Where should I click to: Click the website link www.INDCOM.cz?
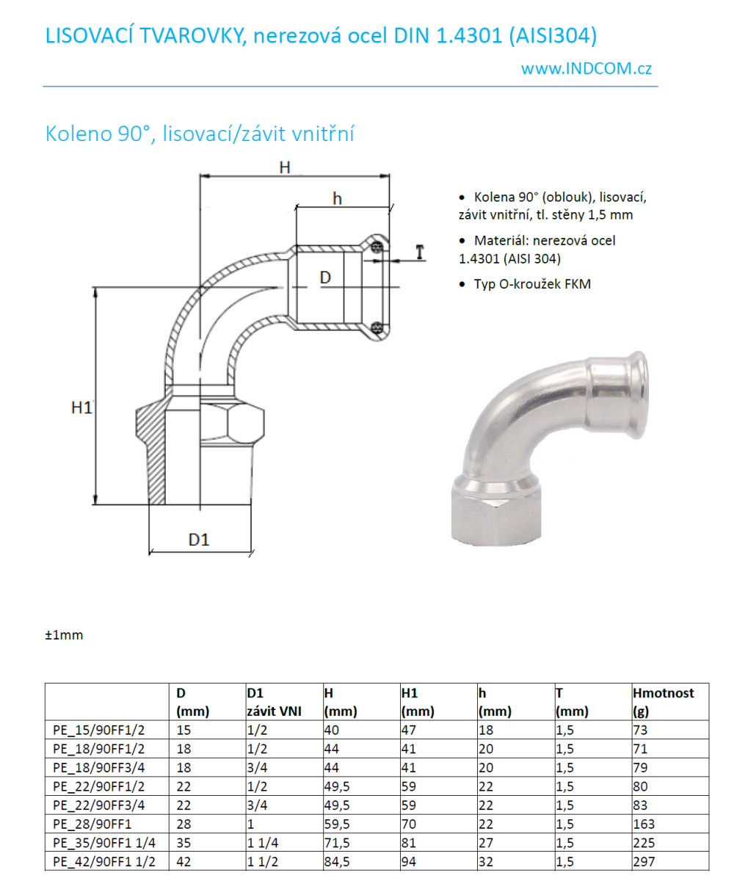tap(586, 68)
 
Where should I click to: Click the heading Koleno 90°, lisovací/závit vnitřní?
tap(200, 134)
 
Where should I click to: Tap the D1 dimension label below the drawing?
tap(199, 540)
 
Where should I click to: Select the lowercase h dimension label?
tap(337, 198)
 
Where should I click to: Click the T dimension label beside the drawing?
tap(420, 253)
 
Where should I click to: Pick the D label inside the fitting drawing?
tap(327, 278)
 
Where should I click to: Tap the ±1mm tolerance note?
tap(64, 635)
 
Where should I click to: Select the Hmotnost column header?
tap(663, 692)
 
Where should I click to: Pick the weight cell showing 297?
tap(643, 862)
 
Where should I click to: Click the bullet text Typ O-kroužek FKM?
tap(531, 284)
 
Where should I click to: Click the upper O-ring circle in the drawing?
tap(377, 247)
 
